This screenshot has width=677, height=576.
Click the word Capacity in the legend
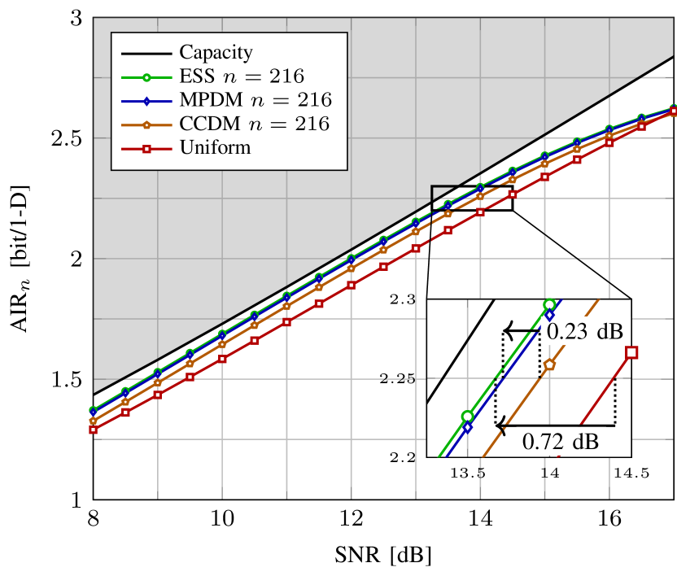pyautogui.click(x=216, y=53)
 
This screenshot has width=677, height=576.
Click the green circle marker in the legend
pyautogui.click(x=146, y=77)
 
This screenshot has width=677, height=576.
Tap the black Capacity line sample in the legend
pyautogui.click(x=146, y=54)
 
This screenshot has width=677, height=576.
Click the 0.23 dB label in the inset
pyautogui.click(x=584, y=331)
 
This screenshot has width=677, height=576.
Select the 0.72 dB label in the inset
pyautogui.click(x=560, y=443)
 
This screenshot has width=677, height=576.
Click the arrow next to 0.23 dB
pyautogui.click(x=521, y=330)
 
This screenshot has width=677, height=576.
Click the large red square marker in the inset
pyautogui.click(x=631, y=352)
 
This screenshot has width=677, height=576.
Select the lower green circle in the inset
pyautogui.click(x=467, y=417)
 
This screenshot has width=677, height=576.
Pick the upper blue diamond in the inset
pyautogui.click(x=549, y=315)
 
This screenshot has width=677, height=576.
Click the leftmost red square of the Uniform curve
pyautogui.click(x=93, y=430)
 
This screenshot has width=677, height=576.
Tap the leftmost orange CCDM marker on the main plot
pyautogui.click(x=93, y=421)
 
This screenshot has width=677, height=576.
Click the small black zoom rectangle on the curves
pyautogui.click(x=447, y=199)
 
